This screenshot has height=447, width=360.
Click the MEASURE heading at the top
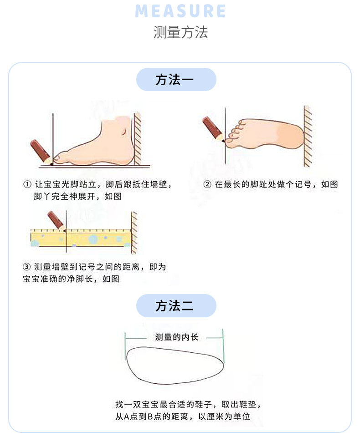pyautogui.click(x=180, y=11)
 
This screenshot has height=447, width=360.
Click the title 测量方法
pyautogui.click(x=180, y=32)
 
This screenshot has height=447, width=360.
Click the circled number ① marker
pyautogui.click(x=27, y=185)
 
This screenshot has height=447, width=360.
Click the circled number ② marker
pyautogui.click(x=207, y=185)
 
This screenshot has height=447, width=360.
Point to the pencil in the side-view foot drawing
pyautogui.click(x=41, y=151)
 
